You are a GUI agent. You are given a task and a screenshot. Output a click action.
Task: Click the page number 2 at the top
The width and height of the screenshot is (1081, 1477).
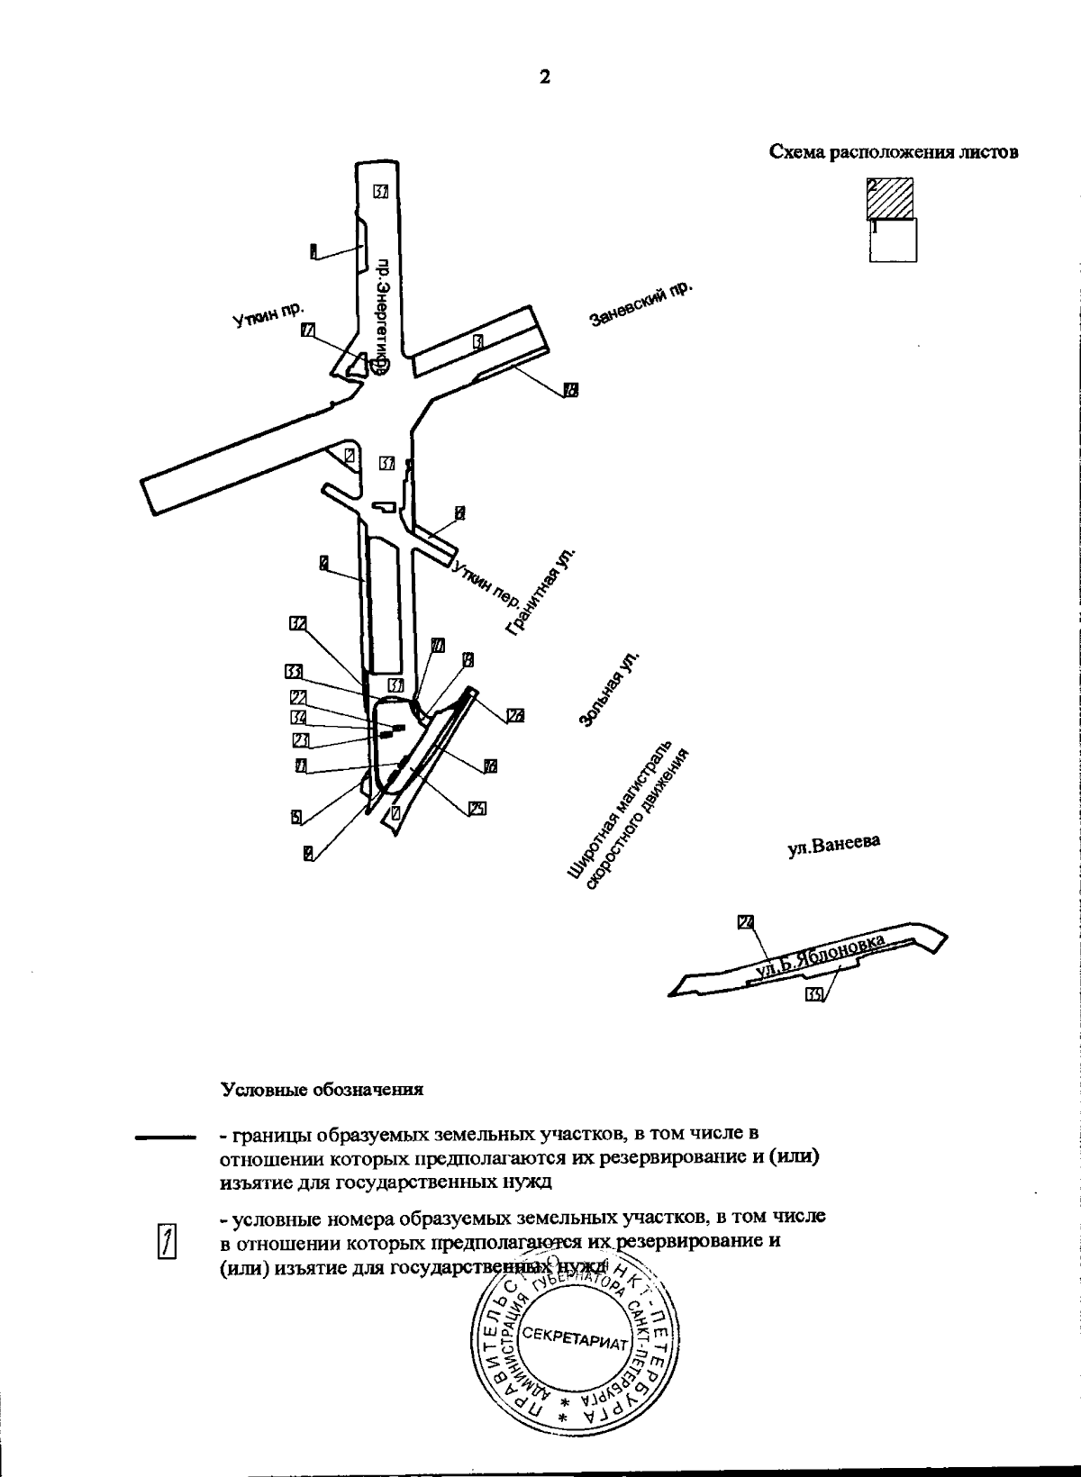pos(544,77)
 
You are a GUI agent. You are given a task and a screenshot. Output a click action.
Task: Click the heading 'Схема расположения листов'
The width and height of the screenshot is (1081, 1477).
pos(894,152)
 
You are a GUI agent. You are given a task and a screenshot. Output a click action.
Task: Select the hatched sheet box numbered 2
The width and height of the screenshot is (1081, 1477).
pos(891,199)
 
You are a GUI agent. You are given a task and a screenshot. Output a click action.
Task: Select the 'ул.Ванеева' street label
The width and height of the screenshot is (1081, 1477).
pos(832,847)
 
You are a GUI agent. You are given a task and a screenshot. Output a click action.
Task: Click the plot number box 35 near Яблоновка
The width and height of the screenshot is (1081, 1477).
pos(813,994)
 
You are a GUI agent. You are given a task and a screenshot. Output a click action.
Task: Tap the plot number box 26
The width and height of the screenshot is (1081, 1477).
pos(514,717)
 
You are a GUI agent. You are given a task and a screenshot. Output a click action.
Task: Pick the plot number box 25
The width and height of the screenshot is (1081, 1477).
pos(477,809)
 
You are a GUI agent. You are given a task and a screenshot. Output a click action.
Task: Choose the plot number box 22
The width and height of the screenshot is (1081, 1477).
pos(299,697)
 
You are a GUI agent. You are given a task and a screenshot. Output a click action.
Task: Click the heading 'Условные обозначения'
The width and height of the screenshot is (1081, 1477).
pos(322,1089)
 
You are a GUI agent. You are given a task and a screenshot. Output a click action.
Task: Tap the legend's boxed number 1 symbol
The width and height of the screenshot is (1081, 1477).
pos(166,1241)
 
